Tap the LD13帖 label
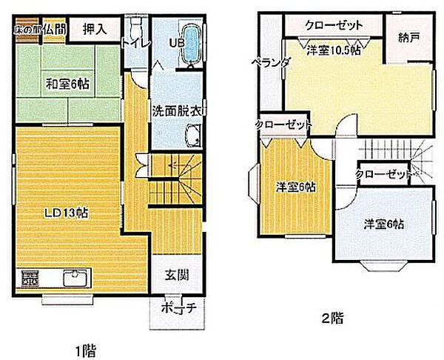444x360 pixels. (65, 213)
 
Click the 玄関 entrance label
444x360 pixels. (176, 275)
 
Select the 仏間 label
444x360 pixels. (54, 28)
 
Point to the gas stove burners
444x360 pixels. (30, 279)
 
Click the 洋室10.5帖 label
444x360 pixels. (335, 53)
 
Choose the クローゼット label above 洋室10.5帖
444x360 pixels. (333, 24)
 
